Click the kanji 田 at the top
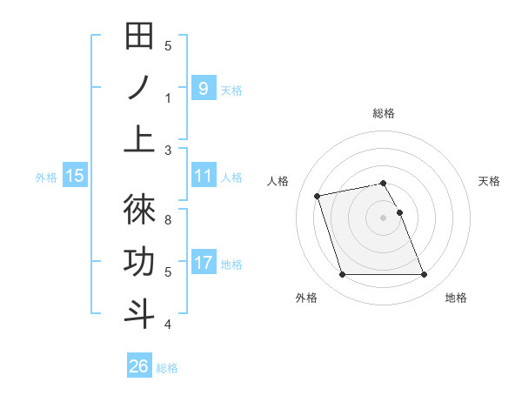[139, 39]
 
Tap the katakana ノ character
[139, 89]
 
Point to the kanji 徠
[139, 210]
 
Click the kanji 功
[139, 262]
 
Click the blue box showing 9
[203, 88]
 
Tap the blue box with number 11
[203, 176]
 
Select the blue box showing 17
[203, 262]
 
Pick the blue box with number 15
[75, 176]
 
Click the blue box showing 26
[139, 366]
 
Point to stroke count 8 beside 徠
[168, 219]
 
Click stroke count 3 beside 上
[168, 150]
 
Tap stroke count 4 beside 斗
[168, 325]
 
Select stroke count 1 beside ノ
[168, 97]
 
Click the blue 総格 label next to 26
[167, 368]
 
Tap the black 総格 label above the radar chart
[384, 113]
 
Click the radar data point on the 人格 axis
[318, 195]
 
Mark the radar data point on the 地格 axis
[424, 275]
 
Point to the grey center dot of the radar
[384, 218]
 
